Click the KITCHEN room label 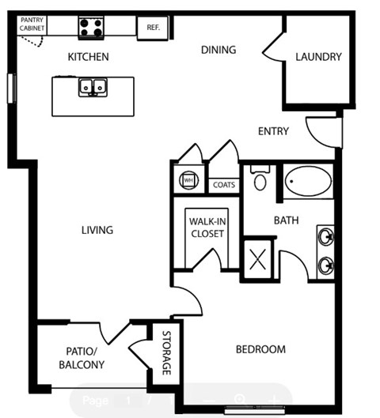pos(88,57)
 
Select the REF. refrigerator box pos(153,27)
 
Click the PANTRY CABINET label pos(32,24)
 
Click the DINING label pos(218,50)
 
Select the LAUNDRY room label pos(318,57)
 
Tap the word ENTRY pos(273,131)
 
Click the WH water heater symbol pos(188,180)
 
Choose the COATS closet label pos(224,185)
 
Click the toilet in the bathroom pos(260,180)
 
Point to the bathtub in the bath pos(309,183)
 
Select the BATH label pos(287,220)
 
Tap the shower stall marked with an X pos(259,259)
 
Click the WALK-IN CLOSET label pos(206,227)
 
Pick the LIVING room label pos(97,230)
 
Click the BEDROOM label pos(260,348)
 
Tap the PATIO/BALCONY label pos(82,358)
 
